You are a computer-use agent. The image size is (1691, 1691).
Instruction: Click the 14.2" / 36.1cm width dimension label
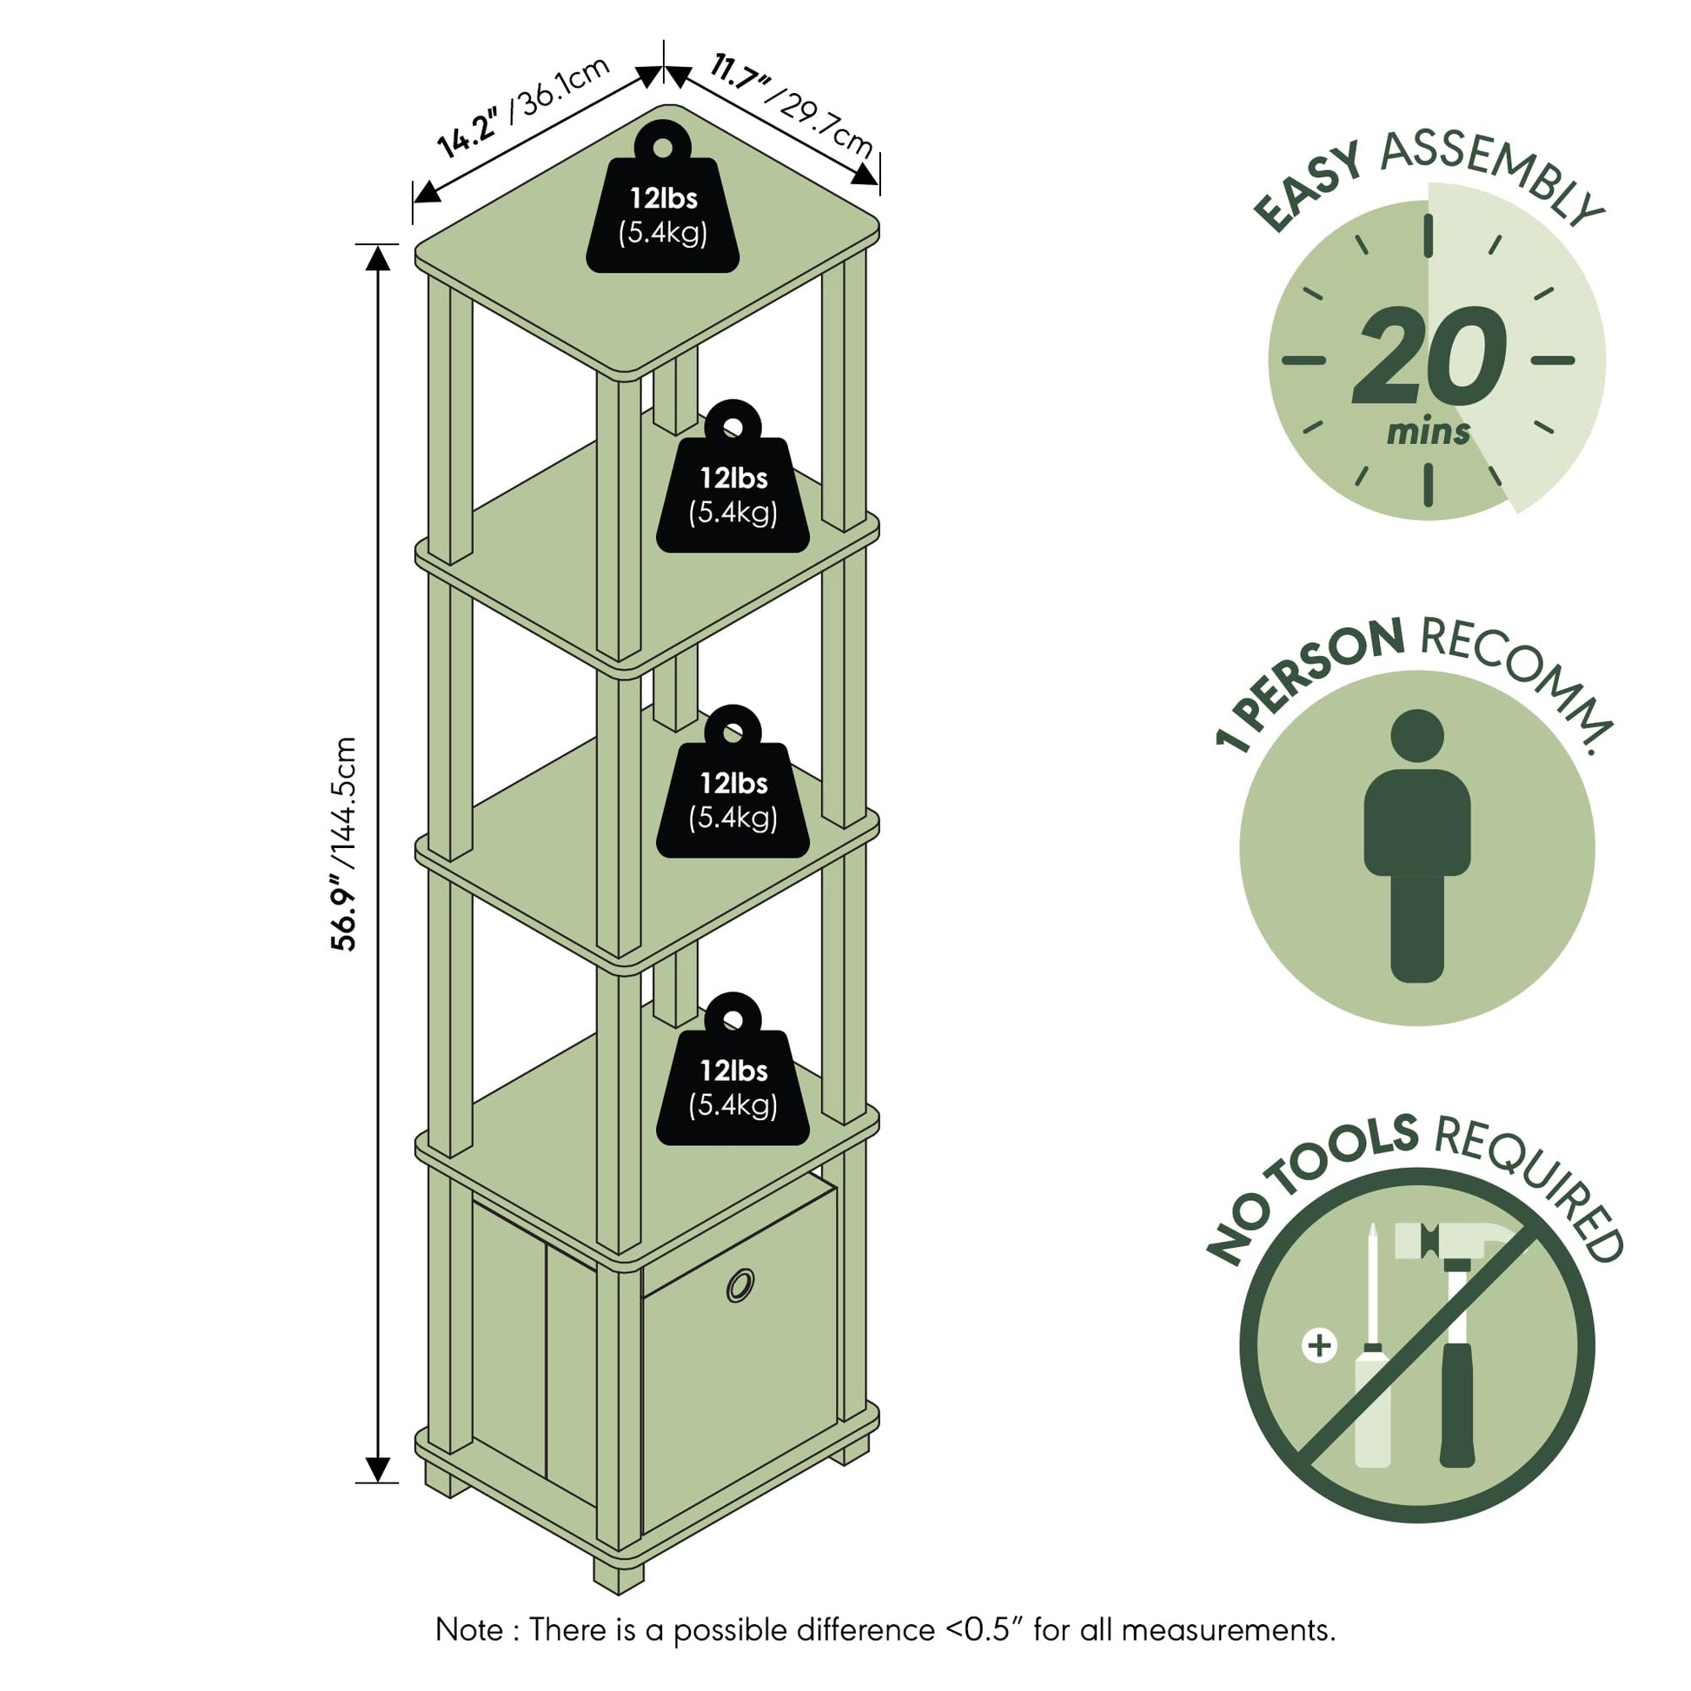click(x=523, y=109)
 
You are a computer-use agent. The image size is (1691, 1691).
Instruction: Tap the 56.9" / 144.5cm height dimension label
click(x=343, y=844)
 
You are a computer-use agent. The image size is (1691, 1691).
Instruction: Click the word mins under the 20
click(x=1428, y=432)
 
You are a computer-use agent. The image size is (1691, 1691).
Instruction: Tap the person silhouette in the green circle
click(x=1417, y=845)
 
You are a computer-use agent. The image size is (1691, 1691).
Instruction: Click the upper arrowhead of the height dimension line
click(x=377, y=258)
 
